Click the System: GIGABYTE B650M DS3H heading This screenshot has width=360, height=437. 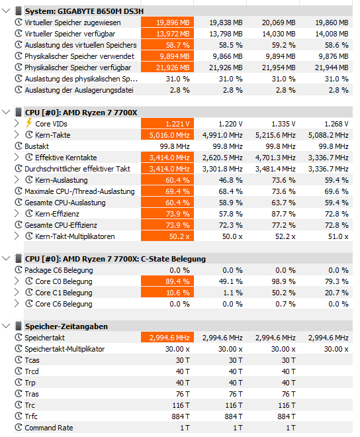pyautogui.click(x=84, y=11)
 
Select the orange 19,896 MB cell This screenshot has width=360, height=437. pyautogui.click(x=167, y=23)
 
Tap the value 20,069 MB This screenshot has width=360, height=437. pyautogui.click(x=279, y=23)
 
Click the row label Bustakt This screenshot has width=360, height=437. pyautogui.click(x=36, y=146)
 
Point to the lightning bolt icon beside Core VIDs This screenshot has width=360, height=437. pyautogui.click(x=28, y=123)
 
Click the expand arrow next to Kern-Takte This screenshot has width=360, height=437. pyautogui.click(x=17, y=135)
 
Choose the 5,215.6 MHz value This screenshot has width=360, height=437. pyautogui.click(x=275, y=135)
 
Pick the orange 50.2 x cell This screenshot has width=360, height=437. pyautogui.click(x=167, y=236)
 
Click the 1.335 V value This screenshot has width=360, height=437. pyautogui.click(x=283, y=124)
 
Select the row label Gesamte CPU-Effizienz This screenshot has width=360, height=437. pyautogui.click(x=61, y=225)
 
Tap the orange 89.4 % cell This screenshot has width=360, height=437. pyautogui.click(x=167, y=281)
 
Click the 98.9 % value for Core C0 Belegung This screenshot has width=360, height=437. pyautogui.click(x=283, y=281)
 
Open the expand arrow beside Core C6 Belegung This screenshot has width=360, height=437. pyautogui.click(x=17, y=303)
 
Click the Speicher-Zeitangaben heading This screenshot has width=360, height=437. pyautogui.click(x=66, y=326)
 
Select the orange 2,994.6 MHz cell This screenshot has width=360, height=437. pyautogui.click(x=167, y=338)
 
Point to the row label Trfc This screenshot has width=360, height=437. pyautogui.click(x=31, y=416)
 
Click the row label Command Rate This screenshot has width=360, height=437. pyautogui.click(x=49, y=428)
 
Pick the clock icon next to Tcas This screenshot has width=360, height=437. pyautogui.click(x=19, y=360)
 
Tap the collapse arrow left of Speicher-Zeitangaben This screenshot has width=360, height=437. pyautogui.click(x=6, y=326)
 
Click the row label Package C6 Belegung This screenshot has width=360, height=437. pyautogui.click(x=59, y=270)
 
